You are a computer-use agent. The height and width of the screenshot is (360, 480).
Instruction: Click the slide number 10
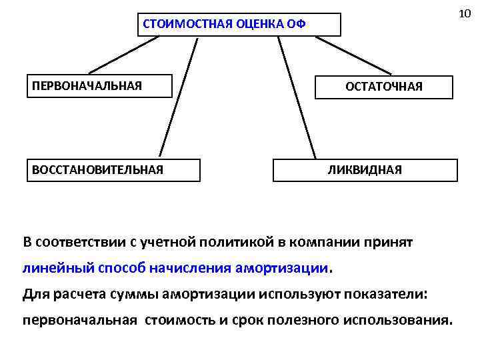pos(466,14)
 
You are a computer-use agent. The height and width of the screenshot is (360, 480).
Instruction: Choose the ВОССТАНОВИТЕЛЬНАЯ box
pos(113,169)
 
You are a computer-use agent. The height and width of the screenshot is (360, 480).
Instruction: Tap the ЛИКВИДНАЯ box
pos(365,169)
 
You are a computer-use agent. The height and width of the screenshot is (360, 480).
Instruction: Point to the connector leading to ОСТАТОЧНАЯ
pos(353,55)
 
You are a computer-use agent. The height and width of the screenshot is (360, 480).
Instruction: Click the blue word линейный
pos(48,268)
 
